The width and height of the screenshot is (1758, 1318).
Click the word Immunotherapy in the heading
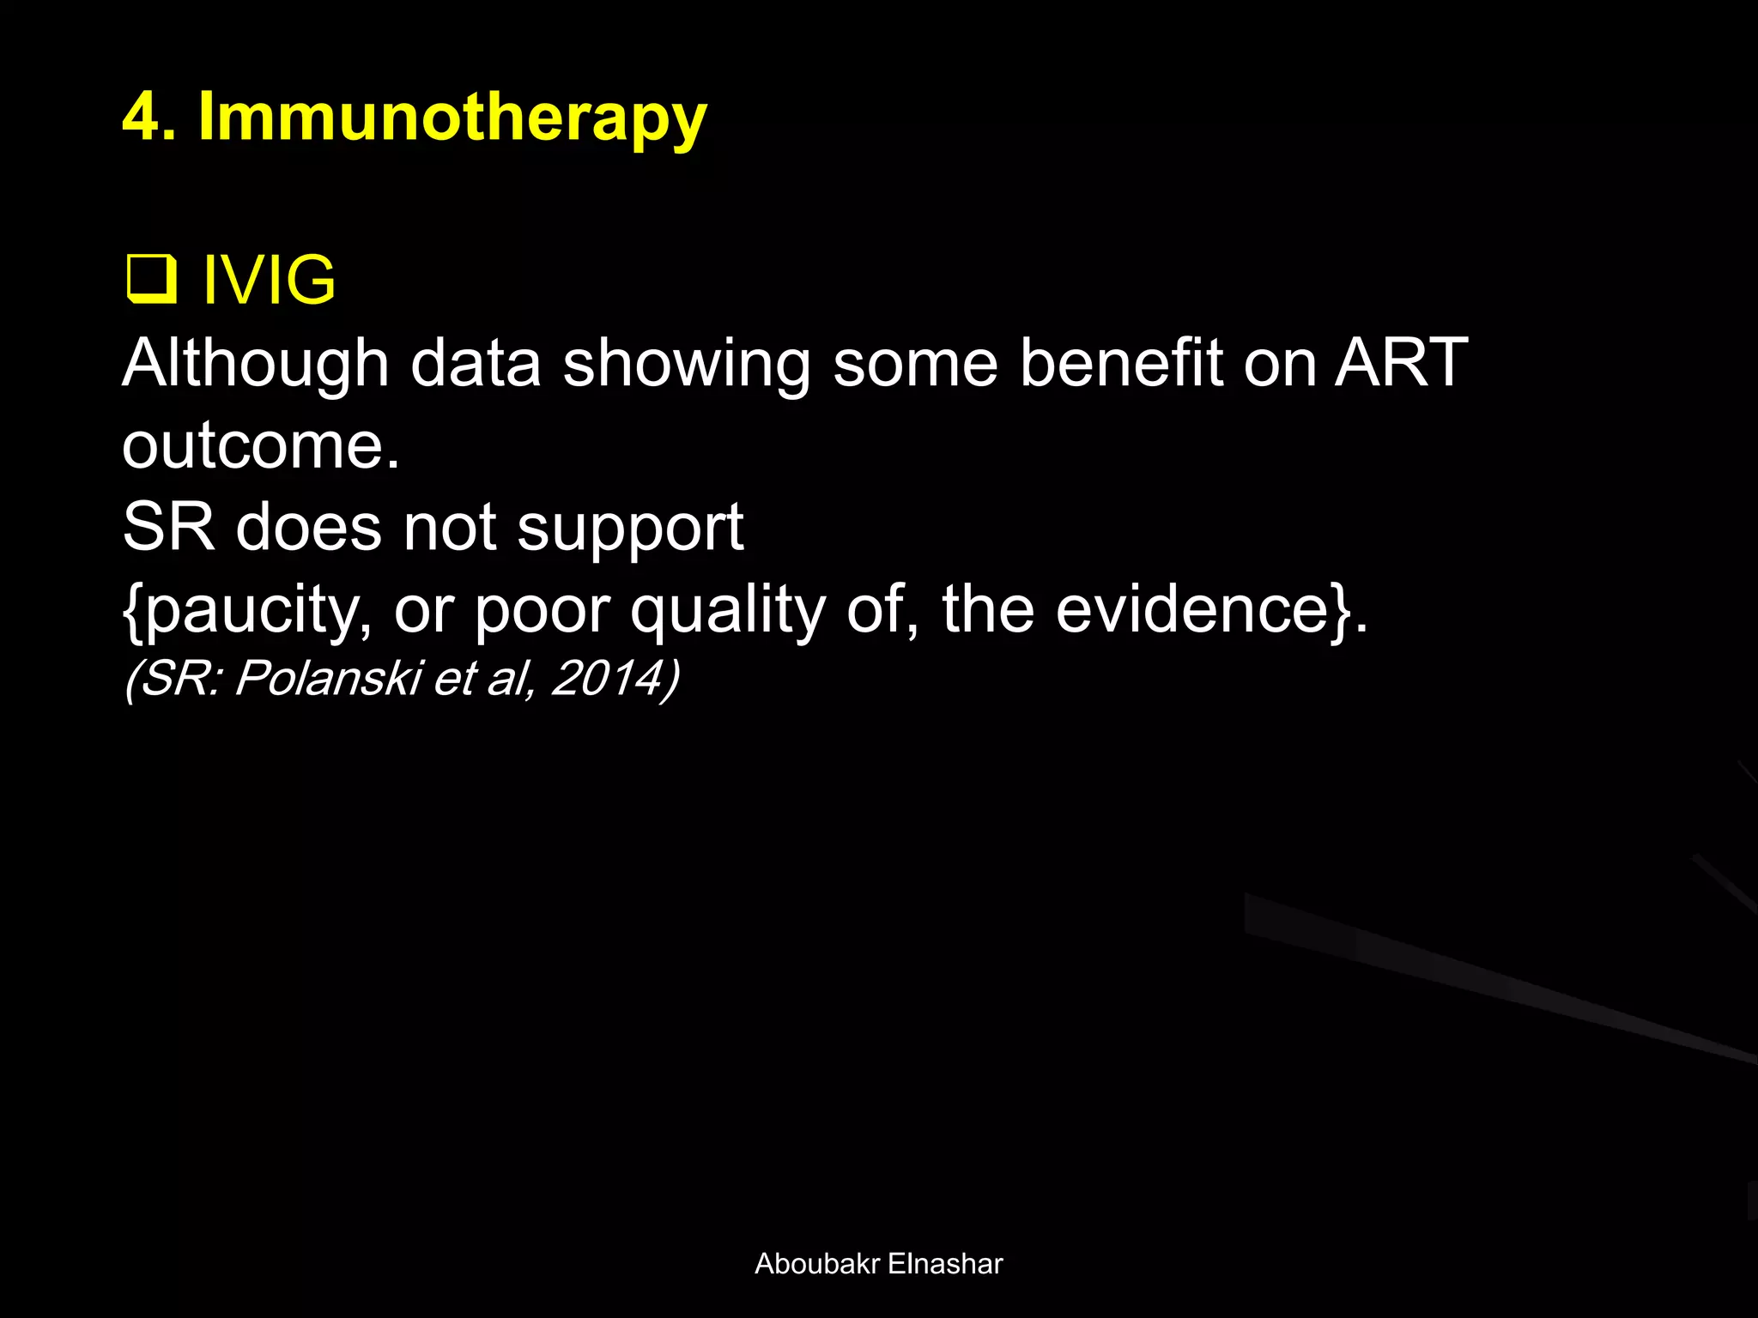click(x=452, y=118)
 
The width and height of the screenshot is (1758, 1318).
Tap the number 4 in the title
click(x=142, y=117)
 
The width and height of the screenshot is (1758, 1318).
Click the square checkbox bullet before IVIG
click(x=151, y=280)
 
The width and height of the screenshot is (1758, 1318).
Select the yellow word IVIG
click(x=269, y=280)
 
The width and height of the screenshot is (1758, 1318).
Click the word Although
click(x=256, y=364)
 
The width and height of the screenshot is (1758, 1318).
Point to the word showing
click(x=686, y=364)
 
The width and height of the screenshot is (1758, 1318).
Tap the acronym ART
click(x=1401, y=364)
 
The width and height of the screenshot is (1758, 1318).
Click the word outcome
click(x=261, y=446)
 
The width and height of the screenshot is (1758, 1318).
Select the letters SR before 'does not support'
click(x=168, y=527)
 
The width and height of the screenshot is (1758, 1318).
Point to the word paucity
click(x=248, y=611)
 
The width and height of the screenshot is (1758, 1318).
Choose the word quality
click(x=727, y=611)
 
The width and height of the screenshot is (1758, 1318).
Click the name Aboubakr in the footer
click(x=816, y=1264)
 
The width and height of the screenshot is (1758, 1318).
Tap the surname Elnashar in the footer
click(x=945, y=1264)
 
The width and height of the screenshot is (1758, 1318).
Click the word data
click(x=476, y=364)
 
